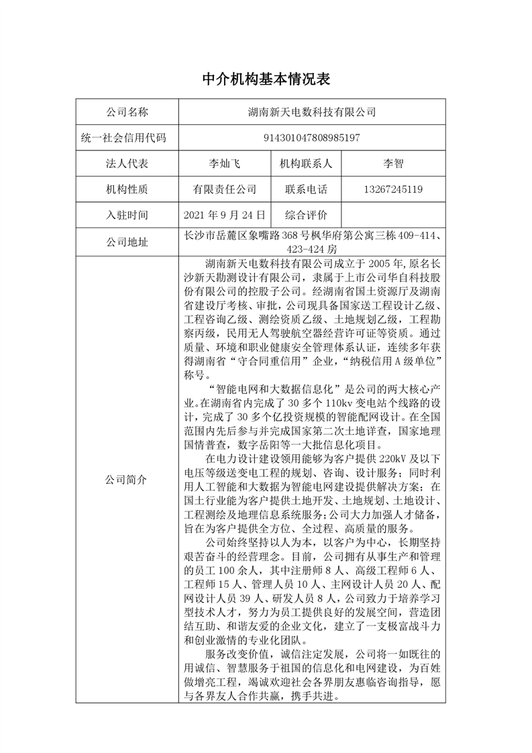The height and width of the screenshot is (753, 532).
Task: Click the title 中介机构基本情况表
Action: (266, 79)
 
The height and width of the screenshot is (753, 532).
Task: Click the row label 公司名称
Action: (127, 111)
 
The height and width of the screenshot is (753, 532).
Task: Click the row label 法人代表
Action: (127, 164)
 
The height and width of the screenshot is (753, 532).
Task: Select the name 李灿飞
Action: (225, 164)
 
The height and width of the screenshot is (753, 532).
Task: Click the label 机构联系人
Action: (306, 164)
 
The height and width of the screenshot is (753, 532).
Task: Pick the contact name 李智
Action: (392, 164)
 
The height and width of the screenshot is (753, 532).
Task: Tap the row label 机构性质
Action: (127, 190)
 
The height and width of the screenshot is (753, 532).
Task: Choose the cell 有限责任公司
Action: (225, 190)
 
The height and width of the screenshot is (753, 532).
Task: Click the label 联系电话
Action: (306, 190)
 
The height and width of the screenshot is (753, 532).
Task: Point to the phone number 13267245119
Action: (392, 190)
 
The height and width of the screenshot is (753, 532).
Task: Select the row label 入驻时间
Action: (127, 215)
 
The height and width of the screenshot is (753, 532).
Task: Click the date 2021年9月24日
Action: (225, 215)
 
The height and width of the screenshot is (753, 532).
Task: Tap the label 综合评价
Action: (306, 215)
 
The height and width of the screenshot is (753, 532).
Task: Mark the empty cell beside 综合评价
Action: (392, 215)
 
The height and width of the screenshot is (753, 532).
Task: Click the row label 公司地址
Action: (127, 242)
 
